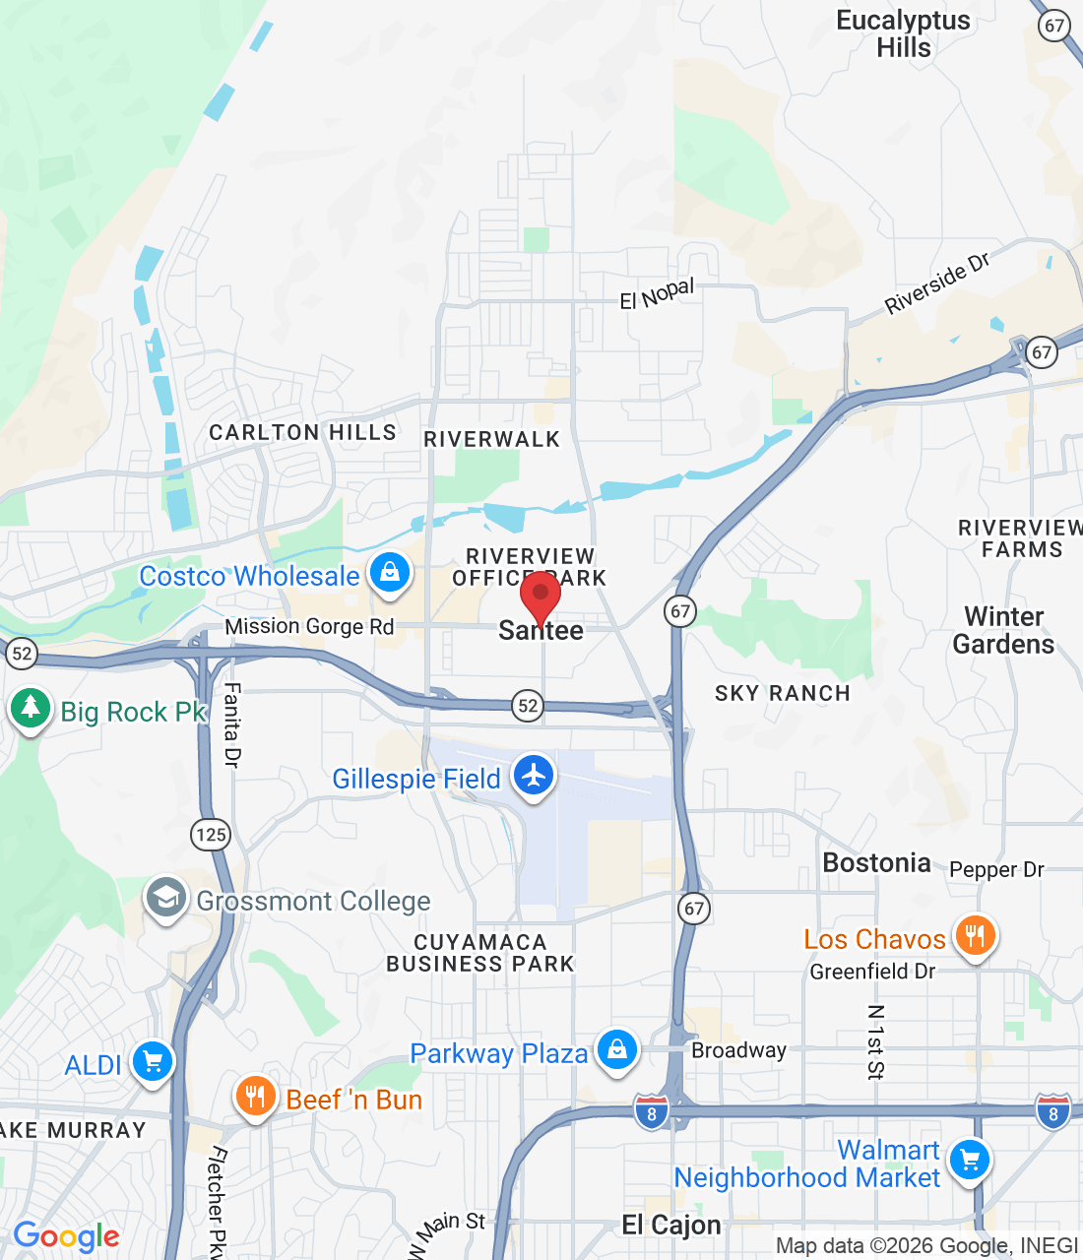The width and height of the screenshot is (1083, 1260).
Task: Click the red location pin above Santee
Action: (541, 595)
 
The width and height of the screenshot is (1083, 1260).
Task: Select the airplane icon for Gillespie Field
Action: (533, 776)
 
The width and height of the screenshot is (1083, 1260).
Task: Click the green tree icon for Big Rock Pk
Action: (31, 709)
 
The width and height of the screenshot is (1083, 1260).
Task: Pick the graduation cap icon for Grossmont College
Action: (166, 898)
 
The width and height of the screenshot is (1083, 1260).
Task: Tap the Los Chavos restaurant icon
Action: (975, 936)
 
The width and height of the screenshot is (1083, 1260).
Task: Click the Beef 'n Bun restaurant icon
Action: (255, 1097)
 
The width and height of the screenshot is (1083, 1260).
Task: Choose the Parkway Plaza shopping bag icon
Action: (617, 1050)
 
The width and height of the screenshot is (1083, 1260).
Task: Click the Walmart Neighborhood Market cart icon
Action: (970, 1160)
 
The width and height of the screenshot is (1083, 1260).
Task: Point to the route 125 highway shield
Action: (211, 835)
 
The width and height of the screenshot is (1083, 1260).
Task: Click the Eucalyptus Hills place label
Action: (903, 34)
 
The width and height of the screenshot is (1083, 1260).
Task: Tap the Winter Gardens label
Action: (1003, 630)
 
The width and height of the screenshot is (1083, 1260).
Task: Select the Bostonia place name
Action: (876, 863)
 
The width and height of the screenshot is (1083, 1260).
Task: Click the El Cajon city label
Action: (671, 1226)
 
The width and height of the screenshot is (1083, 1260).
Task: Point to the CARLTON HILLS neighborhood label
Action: (302, 432)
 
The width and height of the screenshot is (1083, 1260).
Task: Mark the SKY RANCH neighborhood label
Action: (782, 693)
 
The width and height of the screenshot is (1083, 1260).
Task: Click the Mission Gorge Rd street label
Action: (309, 626)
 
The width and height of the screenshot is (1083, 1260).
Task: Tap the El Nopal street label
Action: (657, 293)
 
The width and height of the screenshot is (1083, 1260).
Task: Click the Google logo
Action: (66, 1236)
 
